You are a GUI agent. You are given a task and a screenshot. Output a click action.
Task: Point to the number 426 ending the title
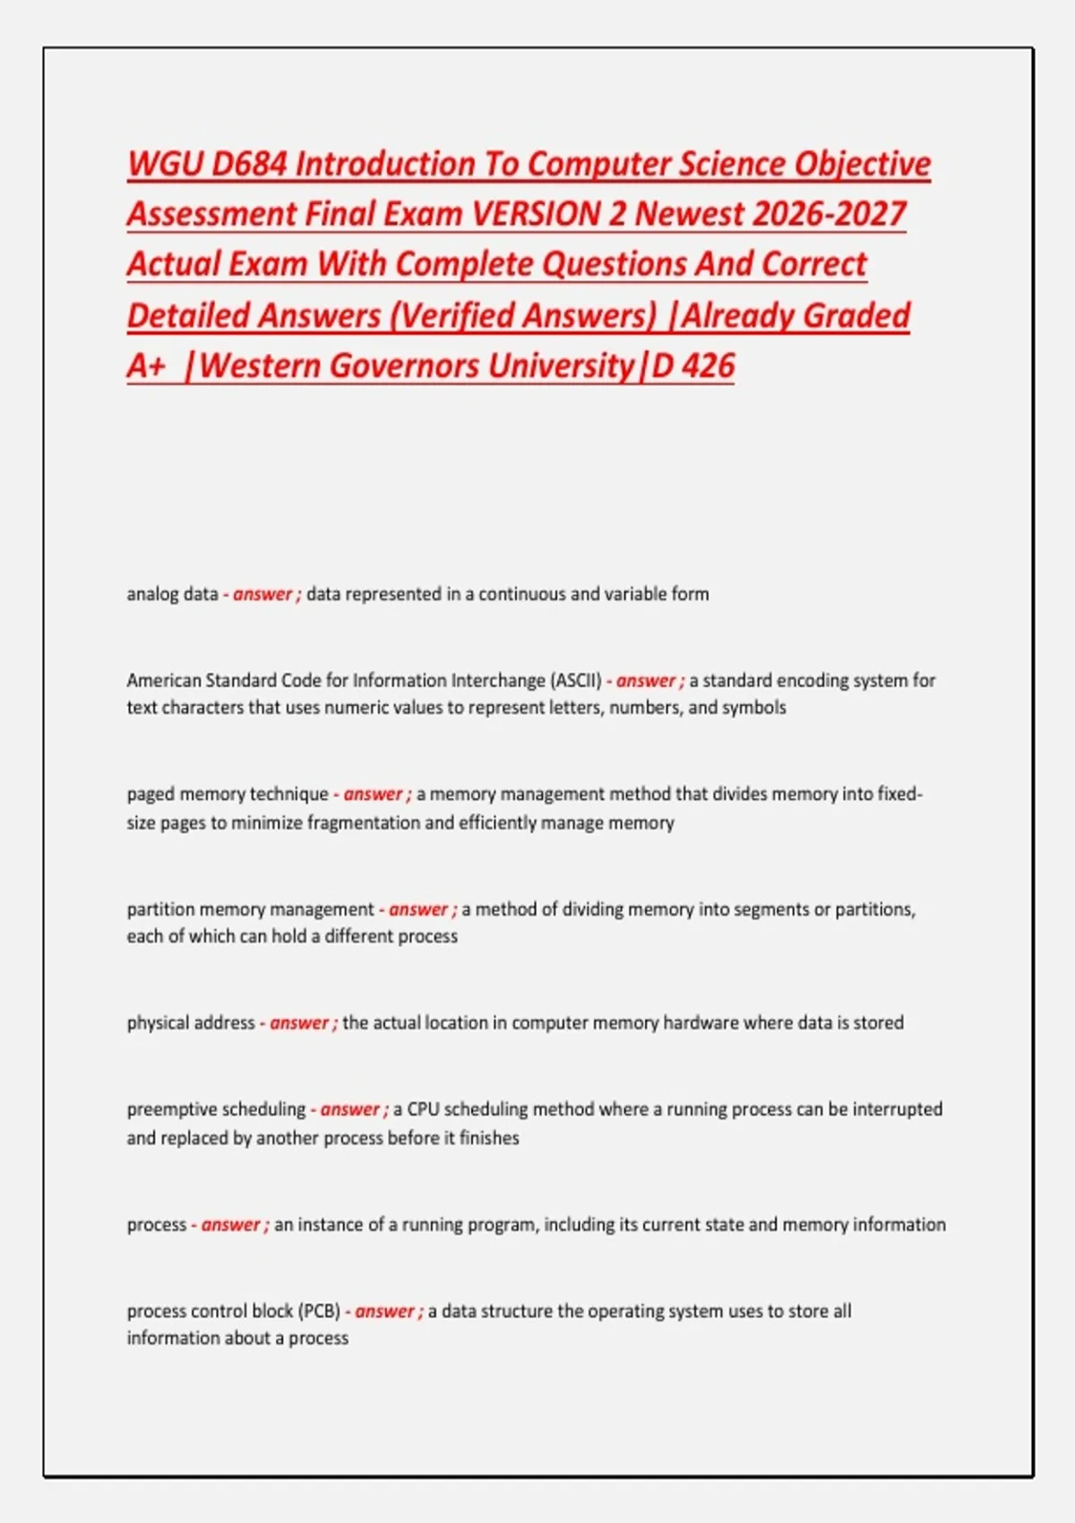click(708, 366)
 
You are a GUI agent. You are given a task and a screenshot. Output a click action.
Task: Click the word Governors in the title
click(404, 366)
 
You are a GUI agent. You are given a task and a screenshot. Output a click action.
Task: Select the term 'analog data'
click(172, 594)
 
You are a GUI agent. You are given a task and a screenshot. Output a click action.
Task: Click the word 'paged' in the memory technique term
click(150, 795)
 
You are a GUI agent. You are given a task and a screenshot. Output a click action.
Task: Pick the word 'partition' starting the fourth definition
click(160, 909)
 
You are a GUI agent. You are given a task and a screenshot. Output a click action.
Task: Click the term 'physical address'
click(191, 1023)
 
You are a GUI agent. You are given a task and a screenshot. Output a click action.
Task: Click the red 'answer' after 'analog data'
click(262, 594)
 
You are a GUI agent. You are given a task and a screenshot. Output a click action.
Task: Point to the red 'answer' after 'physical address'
click(299, 1023)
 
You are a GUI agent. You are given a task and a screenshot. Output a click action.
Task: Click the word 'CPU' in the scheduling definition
click(423, 1109)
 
